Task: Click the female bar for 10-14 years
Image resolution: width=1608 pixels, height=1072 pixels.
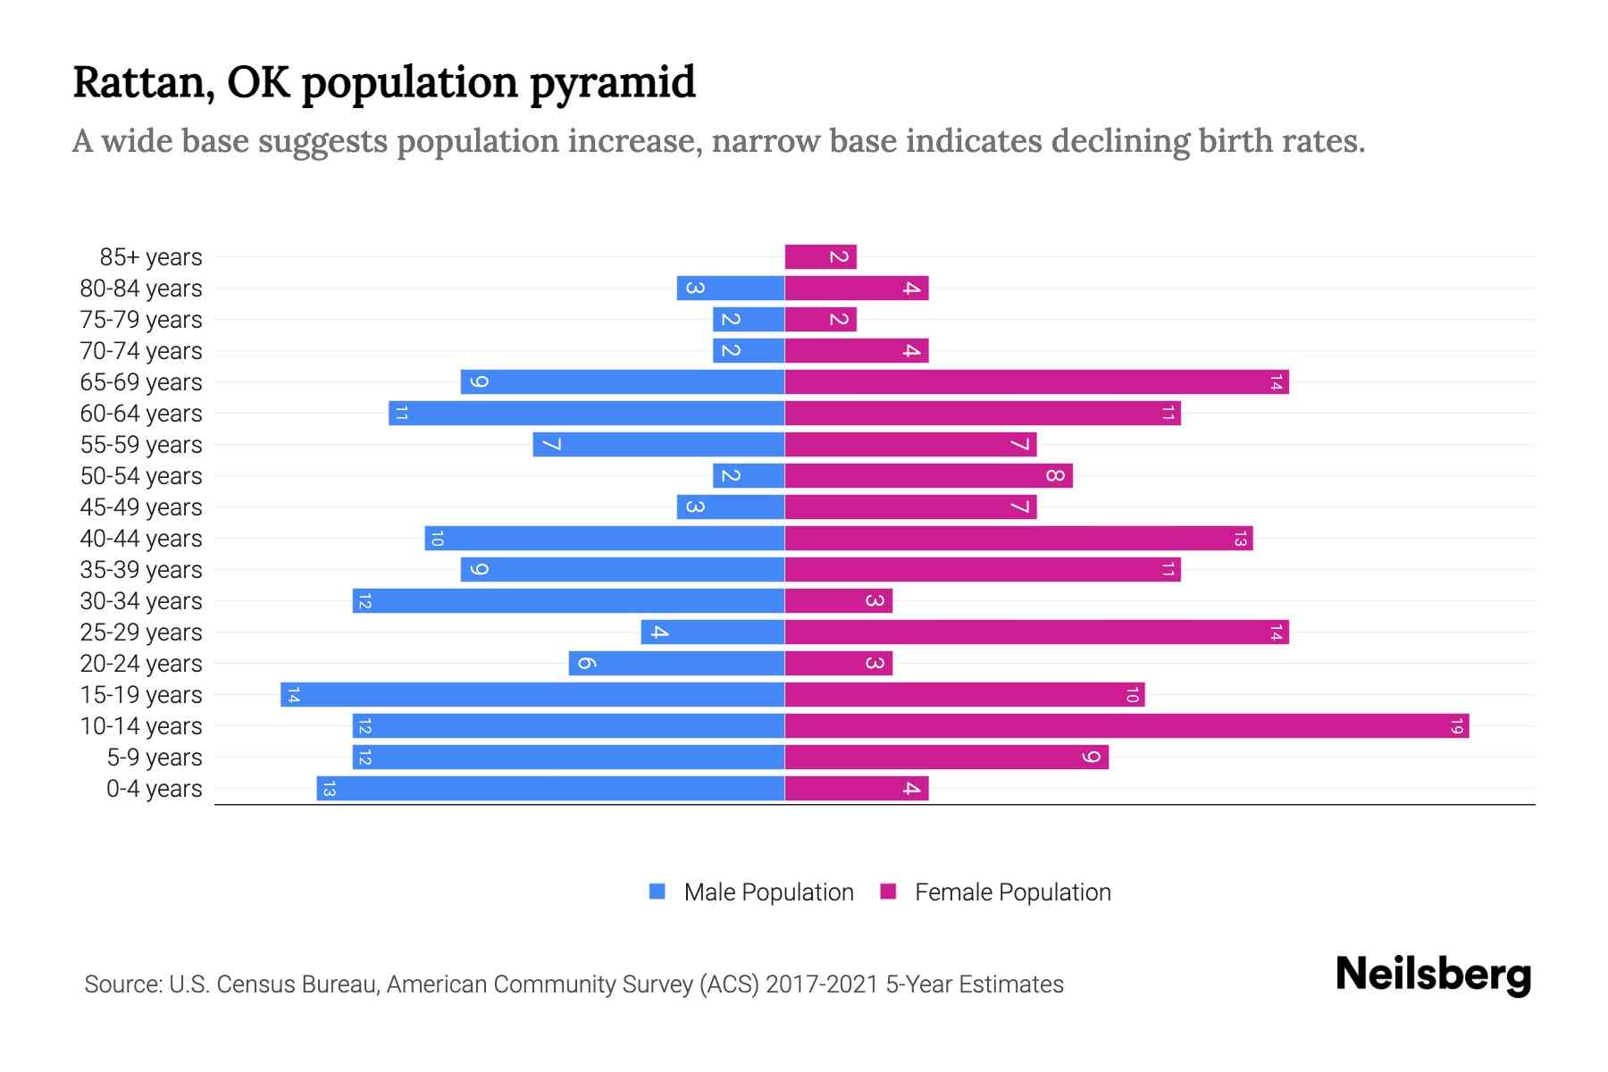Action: coord(1126,726)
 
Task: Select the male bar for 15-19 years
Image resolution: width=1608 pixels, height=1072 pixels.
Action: coord(532,695)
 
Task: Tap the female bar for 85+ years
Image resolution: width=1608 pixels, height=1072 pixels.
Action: coord(820,257)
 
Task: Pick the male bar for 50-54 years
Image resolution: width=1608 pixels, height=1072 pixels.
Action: coord(749,476)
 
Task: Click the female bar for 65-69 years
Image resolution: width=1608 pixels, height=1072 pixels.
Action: coord(1036,382)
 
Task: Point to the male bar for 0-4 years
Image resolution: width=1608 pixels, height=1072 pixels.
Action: coord(550,789)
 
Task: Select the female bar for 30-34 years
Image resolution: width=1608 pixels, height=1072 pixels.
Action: coord(838,601)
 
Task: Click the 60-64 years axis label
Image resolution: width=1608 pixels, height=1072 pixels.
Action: coord(141,414)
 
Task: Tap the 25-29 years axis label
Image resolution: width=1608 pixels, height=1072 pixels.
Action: coord(141,632)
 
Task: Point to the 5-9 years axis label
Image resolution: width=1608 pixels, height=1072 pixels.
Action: coord(155,758)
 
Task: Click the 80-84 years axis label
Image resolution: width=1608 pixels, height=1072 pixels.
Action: coord(141,289)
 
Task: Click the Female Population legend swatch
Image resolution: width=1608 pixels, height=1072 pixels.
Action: coord(888,892)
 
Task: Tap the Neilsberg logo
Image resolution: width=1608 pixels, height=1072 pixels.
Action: coord(1433,975)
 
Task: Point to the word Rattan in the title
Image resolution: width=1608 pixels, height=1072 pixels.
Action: coord(143,83)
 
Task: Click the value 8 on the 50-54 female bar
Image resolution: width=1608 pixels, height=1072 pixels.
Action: coord(1055,476)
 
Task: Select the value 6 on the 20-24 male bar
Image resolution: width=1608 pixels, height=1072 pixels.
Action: coord(586,664)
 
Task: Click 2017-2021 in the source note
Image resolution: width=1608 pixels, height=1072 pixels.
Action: coord(822,984)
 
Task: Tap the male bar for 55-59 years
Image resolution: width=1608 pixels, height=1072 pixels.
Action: coord(658,445)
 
